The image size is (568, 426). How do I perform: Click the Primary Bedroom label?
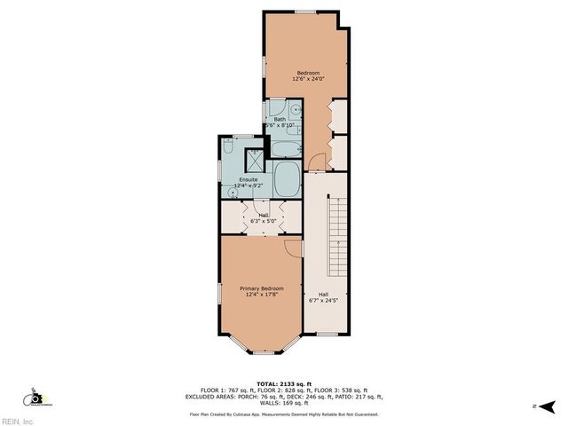point(262,288)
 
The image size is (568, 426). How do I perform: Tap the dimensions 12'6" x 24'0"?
point(307,79)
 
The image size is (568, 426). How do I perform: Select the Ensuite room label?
point(248,179)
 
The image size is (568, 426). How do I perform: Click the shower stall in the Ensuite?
point(255,162)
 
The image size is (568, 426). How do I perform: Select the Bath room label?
point(280,119)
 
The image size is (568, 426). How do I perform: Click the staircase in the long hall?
point(336,235)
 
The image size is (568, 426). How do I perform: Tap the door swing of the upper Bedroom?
point(317,163)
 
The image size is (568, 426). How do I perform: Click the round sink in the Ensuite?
point(233,191)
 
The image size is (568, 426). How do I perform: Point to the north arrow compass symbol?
point(546,406)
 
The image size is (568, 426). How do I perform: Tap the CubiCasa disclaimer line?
point(283,414)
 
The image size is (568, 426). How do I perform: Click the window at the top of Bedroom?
point(305,12)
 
